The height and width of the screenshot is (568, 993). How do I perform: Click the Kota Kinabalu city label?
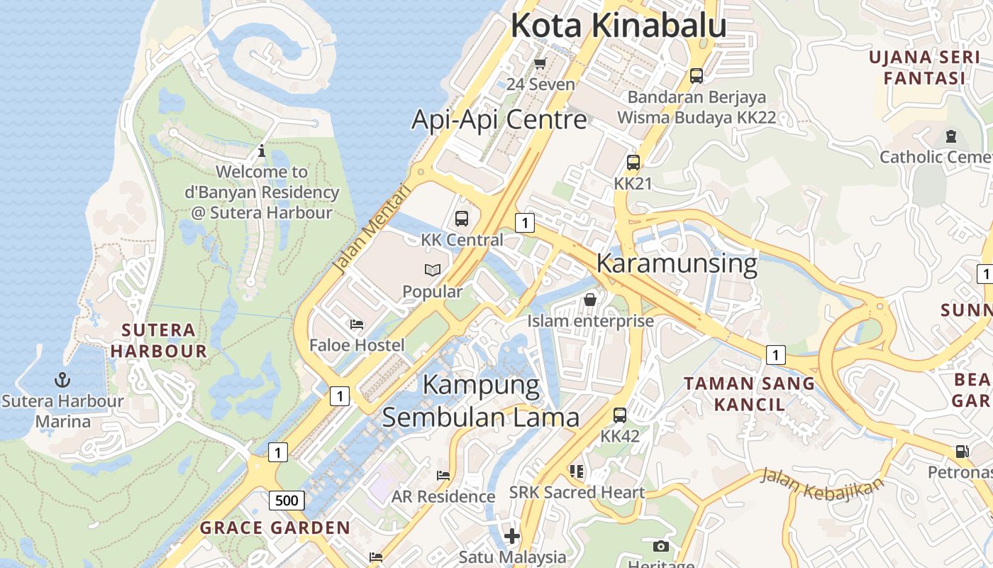click(618, 26)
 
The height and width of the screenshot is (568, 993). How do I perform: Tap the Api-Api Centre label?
click(499, 119)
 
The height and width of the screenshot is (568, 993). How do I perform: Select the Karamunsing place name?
click(677, 263)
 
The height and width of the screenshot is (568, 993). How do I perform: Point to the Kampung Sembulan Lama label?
click(481, 401)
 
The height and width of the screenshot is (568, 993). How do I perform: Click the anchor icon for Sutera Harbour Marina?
click(62, 379)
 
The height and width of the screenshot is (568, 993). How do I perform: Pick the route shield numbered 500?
click(287, 501)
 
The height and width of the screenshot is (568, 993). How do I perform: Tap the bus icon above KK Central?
click(462, 219)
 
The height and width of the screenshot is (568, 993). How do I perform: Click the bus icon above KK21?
click(633, 163)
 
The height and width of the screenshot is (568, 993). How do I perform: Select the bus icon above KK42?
click(620, 415)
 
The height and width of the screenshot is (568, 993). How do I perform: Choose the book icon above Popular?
click(433, 270)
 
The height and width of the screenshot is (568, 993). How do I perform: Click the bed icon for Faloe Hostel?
click(357, 324)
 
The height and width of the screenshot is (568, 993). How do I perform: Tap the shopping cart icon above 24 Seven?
click(540, 64)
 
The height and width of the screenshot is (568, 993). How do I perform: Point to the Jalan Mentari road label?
click(372, 229)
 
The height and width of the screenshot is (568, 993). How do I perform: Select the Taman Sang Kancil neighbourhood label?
click(750, 393)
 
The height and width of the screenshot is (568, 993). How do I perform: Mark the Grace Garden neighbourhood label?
click(275, 528)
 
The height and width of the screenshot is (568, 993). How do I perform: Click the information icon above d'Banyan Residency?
click(262, 151)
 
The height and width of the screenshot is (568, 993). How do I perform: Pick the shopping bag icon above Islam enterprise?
click(590, 300)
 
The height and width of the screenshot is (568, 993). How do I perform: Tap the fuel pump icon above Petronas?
click(963, 451)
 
